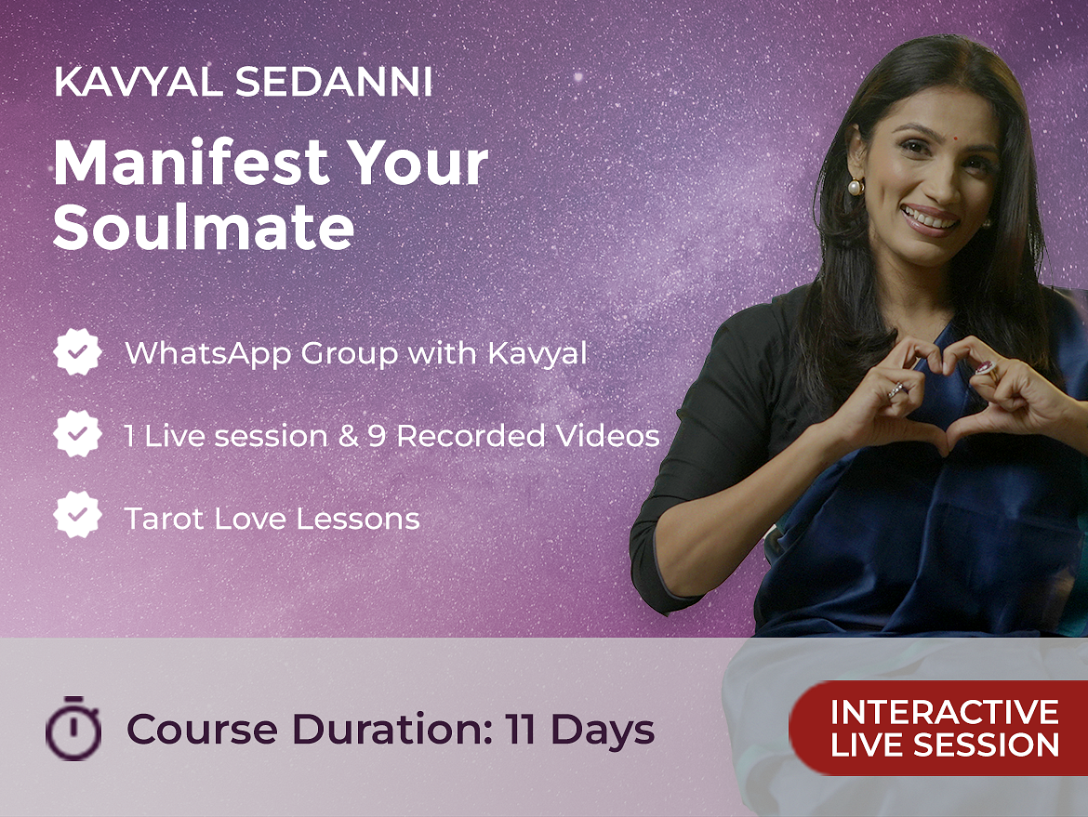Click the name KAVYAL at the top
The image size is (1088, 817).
(x=138, y=82)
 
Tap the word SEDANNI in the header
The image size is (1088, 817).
(x=334, y=82)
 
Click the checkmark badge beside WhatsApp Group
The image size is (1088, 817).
(x=78, y=352)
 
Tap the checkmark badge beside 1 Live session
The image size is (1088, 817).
(x=78, y=433)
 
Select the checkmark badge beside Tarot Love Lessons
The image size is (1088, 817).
(x=78, y=515)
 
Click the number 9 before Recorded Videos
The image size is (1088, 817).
(x=377, y=436)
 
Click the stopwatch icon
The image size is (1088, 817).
(x=73, y=728)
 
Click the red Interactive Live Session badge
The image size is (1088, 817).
(x=938, y=728)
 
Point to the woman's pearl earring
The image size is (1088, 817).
(x=856, y=186)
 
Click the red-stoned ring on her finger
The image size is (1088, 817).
(x=985, y=368)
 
